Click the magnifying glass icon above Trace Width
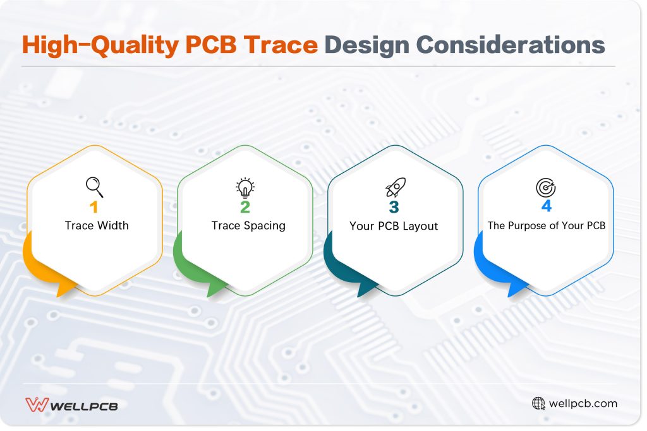coord(94,187)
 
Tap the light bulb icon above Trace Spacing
coord(245,187)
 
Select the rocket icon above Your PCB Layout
coord(396,187)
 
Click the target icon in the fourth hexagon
coord(545,187)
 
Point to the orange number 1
coord(95,208)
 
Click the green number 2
coord(245,208)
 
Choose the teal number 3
coord(394,208)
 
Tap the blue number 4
coord(546,208)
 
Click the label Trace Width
coord(96,226)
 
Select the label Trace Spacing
coord(248,226)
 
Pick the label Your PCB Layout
coord(394,226)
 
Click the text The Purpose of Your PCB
coord(547,225)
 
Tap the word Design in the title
coord(365,46)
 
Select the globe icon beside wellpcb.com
coord(538,403)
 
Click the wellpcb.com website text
coord(583,403)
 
